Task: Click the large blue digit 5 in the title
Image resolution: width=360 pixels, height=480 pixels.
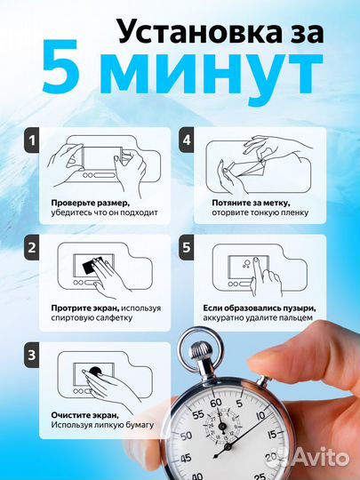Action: click(60, 67)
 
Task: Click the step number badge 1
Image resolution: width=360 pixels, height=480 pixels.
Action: click(31, 140)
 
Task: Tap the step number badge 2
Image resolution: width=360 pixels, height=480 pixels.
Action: click(31, 248)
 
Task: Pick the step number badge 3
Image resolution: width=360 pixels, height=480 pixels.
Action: click(31, 355)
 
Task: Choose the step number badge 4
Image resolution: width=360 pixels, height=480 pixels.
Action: click(187, 140)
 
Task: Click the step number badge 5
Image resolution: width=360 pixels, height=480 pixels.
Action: click(187, 248)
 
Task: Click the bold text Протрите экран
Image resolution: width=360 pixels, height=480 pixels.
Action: click(85, 308)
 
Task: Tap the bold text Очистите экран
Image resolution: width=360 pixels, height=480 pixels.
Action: click(84, 415)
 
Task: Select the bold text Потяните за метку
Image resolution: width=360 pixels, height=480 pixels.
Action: click(251, 203)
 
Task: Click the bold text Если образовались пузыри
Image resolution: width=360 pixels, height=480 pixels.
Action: click(260, 308)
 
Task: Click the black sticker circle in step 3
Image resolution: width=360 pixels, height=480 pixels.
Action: click(95, 372)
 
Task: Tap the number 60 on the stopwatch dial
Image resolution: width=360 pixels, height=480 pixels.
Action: click(216, 404)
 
